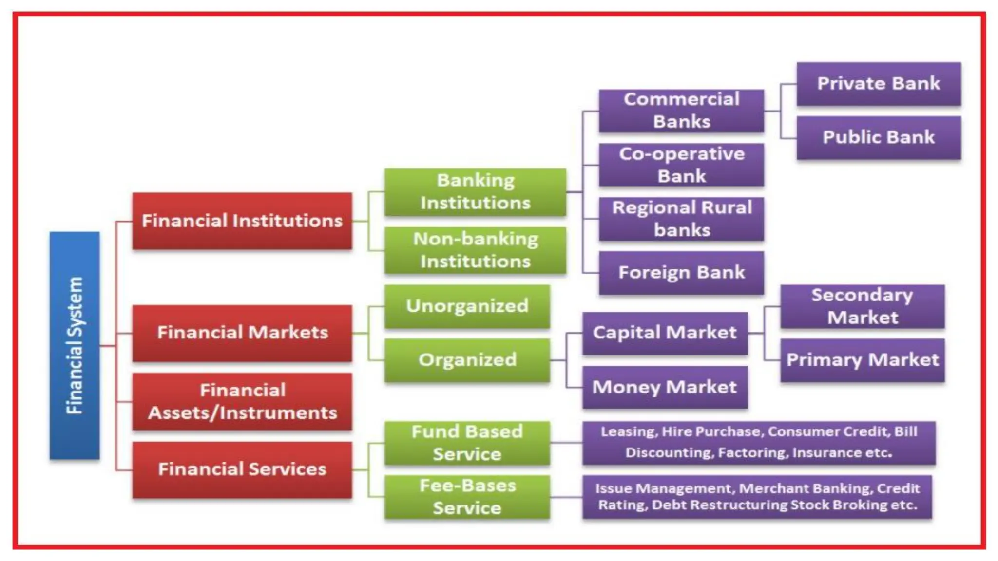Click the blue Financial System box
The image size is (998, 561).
point(75,345)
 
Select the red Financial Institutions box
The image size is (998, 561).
point(242,221)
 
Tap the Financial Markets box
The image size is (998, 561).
point(242,333)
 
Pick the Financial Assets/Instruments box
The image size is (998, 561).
point(242,402)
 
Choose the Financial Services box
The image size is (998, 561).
point(242,469)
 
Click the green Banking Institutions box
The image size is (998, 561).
point(475,192)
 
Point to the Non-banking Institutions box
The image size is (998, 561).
point(475,250)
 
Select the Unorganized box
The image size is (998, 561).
point(467,306)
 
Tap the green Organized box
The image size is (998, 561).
point(467,360)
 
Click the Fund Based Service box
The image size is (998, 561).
point(467,443)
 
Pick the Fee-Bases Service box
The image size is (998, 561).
point(467,497)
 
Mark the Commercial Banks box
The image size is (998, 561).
point(681,111)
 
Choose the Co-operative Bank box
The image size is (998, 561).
point(681,165)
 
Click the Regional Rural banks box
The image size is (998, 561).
point(681,219)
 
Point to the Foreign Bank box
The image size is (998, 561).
point(681,273)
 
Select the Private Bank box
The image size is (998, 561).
point(879,84)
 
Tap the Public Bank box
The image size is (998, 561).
point(879,137)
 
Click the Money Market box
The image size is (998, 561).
point(665,387)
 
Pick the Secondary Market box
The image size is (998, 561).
point(862,306)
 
